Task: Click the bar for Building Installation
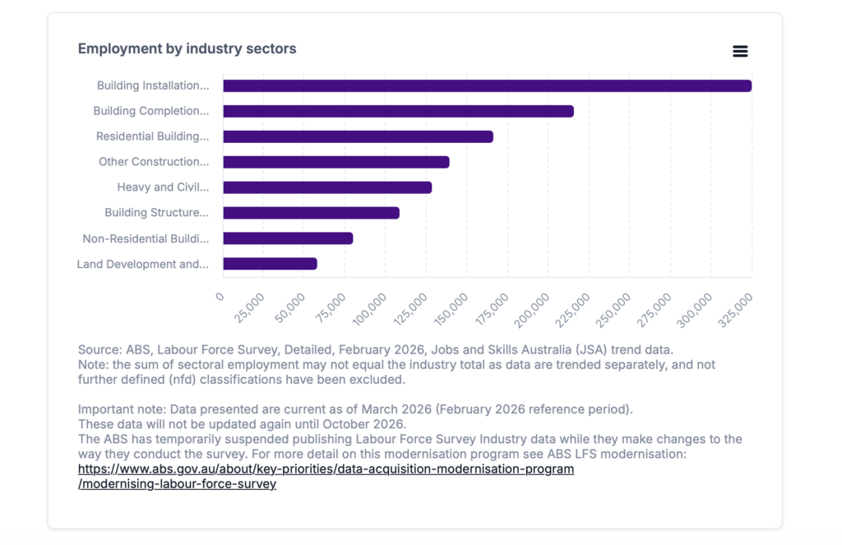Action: (487, 86)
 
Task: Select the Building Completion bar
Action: (399, 111)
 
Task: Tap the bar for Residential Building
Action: (359, 136)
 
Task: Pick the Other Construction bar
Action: (336, 162)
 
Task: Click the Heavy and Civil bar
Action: (327, 187)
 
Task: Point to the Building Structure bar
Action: (312, 213)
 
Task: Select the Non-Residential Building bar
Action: (288, 238)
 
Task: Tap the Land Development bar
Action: (270, 264)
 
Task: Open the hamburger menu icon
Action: (740, 51)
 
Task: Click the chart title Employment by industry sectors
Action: (187, 48)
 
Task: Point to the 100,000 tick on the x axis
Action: (370, 309)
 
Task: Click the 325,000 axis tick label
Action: (736, 310)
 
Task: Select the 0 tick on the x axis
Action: (220, 297)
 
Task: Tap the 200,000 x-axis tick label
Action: (532, 310)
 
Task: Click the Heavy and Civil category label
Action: (164, 187)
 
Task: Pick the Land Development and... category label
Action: (143, 264)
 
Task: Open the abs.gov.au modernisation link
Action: (326, 476)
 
